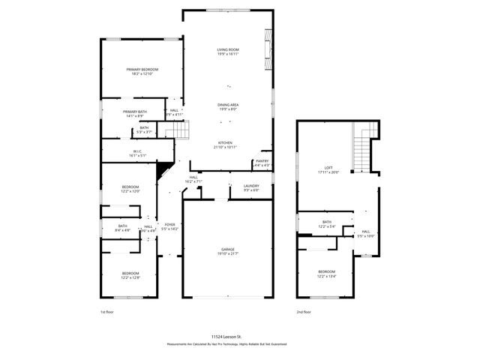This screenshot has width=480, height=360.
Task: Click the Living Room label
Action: tap(228, 52)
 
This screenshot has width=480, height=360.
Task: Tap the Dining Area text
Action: tap(228, 106)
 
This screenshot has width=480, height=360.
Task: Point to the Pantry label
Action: tap(262, 162)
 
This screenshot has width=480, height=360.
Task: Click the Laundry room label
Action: tap(250, 187)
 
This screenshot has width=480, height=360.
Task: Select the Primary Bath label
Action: tap(136, 113)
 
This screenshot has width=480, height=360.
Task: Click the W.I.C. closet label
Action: tap(138, 153)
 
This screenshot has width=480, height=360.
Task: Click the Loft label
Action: tap(328, 169)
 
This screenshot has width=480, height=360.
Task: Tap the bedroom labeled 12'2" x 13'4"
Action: tap(326, 274)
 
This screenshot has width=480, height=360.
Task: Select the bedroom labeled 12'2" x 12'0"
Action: tap(131, 189)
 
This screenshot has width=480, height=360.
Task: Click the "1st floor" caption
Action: tap(108, 311)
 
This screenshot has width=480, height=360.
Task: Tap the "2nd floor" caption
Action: tap(304, 311)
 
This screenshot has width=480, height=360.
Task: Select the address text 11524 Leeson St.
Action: tap(227, 337)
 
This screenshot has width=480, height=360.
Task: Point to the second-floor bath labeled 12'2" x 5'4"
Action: tap(327, 223)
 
